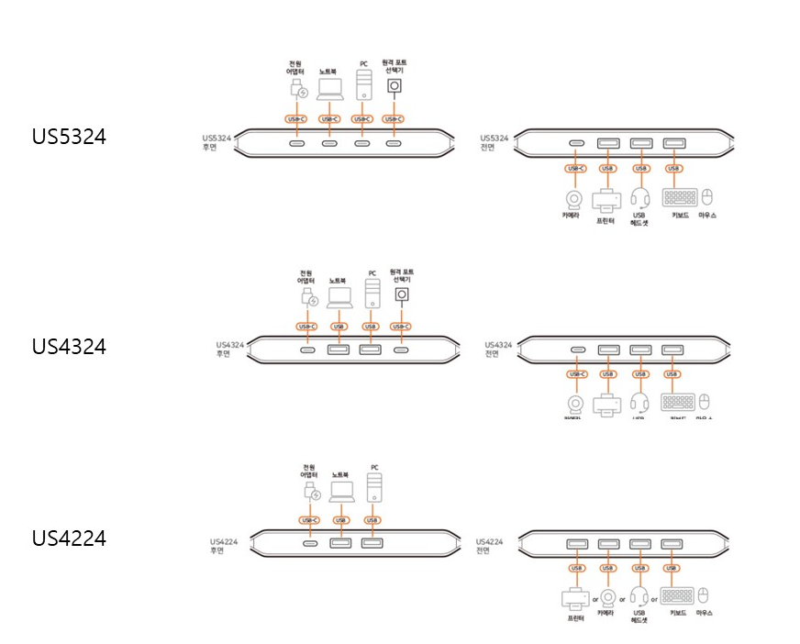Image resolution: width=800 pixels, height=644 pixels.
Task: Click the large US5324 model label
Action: [69, 137]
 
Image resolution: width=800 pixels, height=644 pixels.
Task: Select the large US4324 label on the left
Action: [69, 347]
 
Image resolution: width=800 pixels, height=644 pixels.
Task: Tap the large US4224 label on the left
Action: [69, 538]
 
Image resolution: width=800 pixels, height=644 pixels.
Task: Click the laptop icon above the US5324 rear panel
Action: [329, 89]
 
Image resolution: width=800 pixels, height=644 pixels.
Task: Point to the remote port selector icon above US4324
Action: [401, 295]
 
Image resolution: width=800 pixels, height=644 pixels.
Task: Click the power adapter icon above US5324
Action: [298, 89]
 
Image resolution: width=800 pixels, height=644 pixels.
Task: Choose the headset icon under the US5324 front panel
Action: [639, 198]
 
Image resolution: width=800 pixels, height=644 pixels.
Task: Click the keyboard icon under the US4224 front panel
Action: [678, 596]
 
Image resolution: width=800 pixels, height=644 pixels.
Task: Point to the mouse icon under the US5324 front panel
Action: [707, 197]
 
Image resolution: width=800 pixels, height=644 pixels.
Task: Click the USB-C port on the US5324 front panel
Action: [576, 143]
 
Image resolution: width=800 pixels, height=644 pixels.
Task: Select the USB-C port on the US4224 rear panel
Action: [310, 543]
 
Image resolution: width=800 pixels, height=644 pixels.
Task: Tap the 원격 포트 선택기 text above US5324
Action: [394, 67]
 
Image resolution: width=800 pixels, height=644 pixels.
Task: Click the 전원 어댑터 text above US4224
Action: [308, 471]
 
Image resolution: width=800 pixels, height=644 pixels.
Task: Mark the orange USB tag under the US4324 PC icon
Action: [371, 326]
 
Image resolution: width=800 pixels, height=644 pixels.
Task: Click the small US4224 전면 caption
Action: [488, 547]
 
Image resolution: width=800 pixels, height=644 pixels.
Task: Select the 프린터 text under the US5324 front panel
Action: [606, 221]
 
